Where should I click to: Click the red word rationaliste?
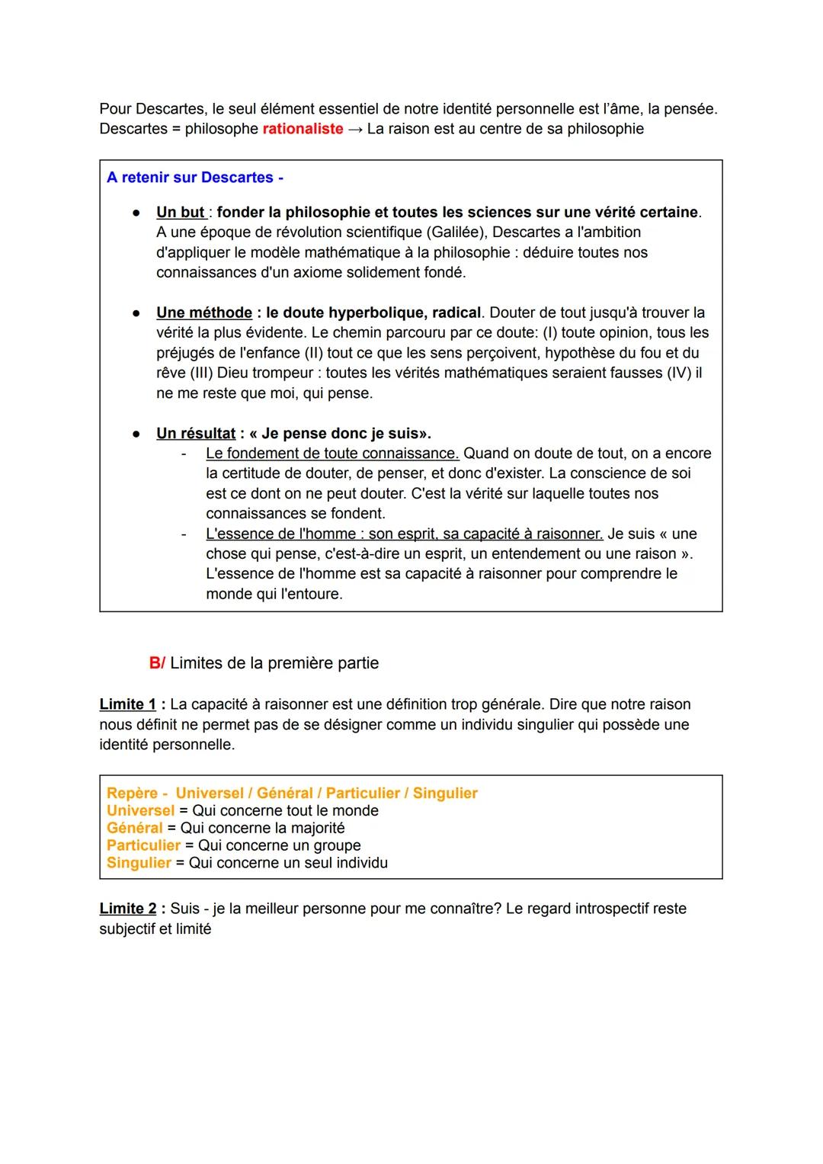[303, 129]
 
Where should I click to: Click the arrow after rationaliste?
[355, 129]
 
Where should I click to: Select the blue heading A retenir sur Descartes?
[194, 178]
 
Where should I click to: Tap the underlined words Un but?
[181, 212]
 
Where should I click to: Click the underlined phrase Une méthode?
[204, 313]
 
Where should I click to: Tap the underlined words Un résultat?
[196, 433]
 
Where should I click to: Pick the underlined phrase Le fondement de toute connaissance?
[332, 453]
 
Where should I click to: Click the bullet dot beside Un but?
[136, 212]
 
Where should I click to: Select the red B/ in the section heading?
[157, 663]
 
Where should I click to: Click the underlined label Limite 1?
[127, 704]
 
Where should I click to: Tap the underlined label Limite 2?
[127, 909]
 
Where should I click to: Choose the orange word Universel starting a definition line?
[140, 810]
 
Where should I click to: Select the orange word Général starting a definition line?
[135, 828]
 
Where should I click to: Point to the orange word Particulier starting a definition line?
[143, 845]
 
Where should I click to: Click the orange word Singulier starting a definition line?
[139, 863]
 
